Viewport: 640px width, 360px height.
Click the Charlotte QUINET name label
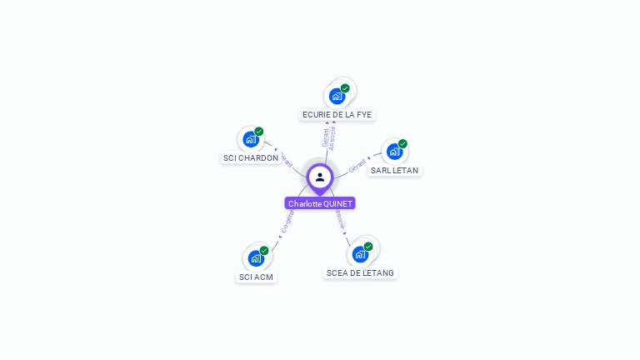pyautogui.click(x=320, y=203)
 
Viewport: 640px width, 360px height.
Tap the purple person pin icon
pyautogui.click(x=320, y=177)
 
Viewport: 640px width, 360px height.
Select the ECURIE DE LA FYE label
pyautogui.click(x=337, y=114)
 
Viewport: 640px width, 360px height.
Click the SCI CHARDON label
pyautogui.click(x=251, y=157)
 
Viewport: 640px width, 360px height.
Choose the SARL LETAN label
pyautogui.click(x=395, y=170)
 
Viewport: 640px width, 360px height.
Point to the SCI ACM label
pyautogui.click(x=256, y=277)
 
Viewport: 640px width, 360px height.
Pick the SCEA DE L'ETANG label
pyautogui.click(x=361, y=272)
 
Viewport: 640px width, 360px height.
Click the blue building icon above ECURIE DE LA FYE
pyautogui.click(x=337, y=96)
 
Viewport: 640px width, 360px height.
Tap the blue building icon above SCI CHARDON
pyautogui.click(x=250, y=139)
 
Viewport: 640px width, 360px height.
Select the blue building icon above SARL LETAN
pyautogui.click(x=394, y=152)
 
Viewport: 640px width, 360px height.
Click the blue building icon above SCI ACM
pyautogui.click(x=256, y=258)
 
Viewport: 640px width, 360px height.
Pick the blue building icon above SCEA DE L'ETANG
pyautogui.click(x=360, y=254)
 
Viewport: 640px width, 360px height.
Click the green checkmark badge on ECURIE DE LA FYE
pyautogui.click(x=345, y=88)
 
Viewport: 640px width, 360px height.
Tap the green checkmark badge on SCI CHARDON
pyautogui.click(x=259, y=132)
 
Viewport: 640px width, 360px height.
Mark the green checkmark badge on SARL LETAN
pyautogui.click(x=402, y=144)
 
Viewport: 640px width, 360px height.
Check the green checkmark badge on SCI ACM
pyautogui.click(x=264, y=251)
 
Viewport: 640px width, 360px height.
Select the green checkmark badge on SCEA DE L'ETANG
pyautogui.click(x=368, y=247)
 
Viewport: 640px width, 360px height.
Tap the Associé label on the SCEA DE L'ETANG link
pyautogui.click(x=339, y=218)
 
